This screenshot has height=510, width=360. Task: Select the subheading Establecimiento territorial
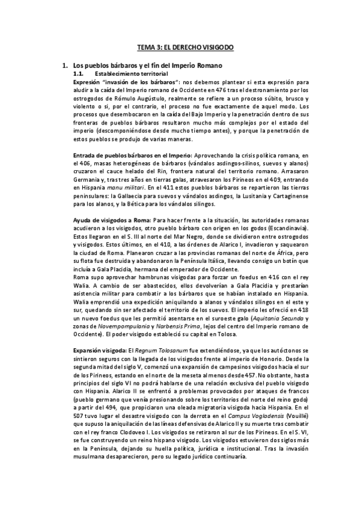coord(132,72)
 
